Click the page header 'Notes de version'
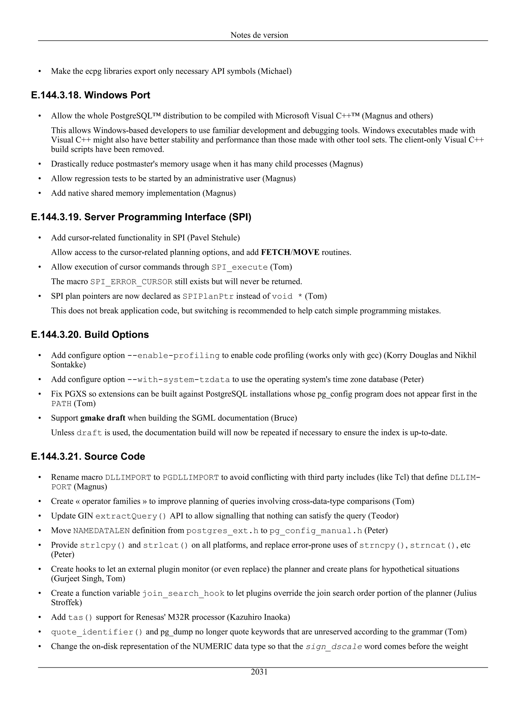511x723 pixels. [x=259, y=35]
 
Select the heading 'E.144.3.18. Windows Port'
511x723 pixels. [x=91, y=95]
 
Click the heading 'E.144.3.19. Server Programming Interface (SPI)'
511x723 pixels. [x=141, y=217]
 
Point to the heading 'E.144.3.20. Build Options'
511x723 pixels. [x=90, y=334]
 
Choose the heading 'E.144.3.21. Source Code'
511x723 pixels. [x=88, y=456]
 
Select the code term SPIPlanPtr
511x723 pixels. [x=208, y=296]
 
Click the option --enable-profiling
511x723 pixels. [x=173, y=356]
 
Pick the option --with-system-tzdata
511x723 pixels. [x=178, y=379]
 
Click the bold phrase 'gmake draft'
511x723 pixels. [x=103, y=418]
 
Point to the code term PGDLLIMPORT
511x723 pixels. [x=190, y=477]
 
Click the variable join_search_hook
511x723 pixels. [x=183, y=593]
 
